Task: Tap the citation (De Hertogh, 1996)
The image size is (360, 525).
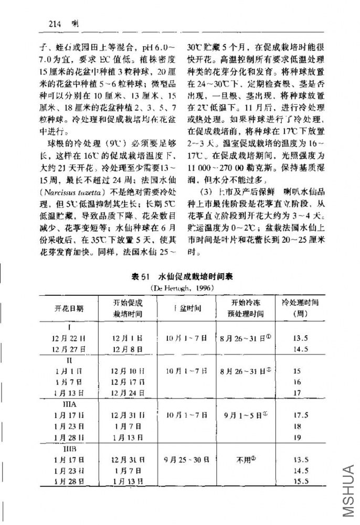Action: (x=179, y=287)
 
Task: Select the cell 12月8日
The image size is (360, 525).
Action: (x=126, y=349)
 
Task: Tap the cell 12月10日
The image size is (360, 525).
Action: (x=126, y=371)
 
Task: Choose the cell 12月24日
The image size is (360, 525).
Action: (x=126, y=393)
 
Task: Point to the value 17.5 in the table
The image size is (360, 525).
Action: (x=300, y=415)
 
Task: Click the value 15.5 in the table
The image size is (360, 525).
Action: (x=300, y=481)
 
